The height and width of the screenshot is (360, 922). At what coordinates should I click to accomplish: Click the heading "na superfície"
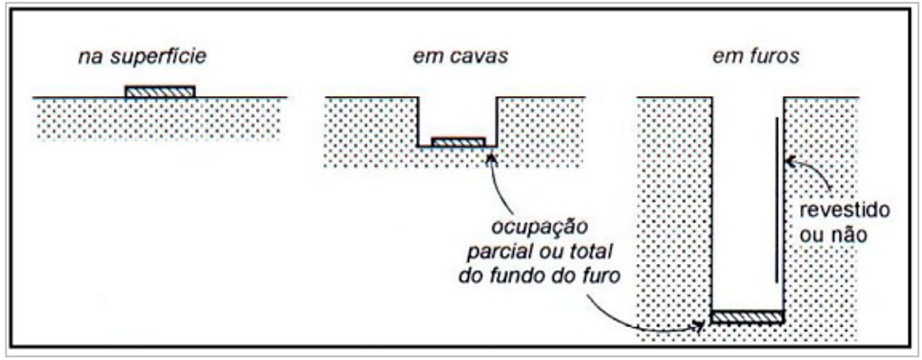pos(142,57)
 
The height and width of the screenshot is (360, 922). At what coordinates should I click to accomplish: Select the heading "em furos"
pos(756,57)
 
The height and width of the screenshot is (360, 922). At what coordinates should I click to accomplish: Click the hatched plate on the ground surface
pos(160,91)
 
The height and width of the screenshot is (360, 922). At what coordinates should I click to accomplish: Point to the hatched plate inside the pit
pos(459,142)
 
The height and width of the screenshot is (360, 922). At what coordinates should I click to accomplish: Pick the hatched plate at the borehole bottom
pos(748,317)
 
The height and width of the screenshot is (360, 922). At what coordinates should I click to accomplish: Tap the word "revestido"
pos(845,210)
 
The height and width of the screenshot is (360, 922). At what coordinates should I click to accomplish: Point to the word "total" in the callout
pos(592,251)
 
